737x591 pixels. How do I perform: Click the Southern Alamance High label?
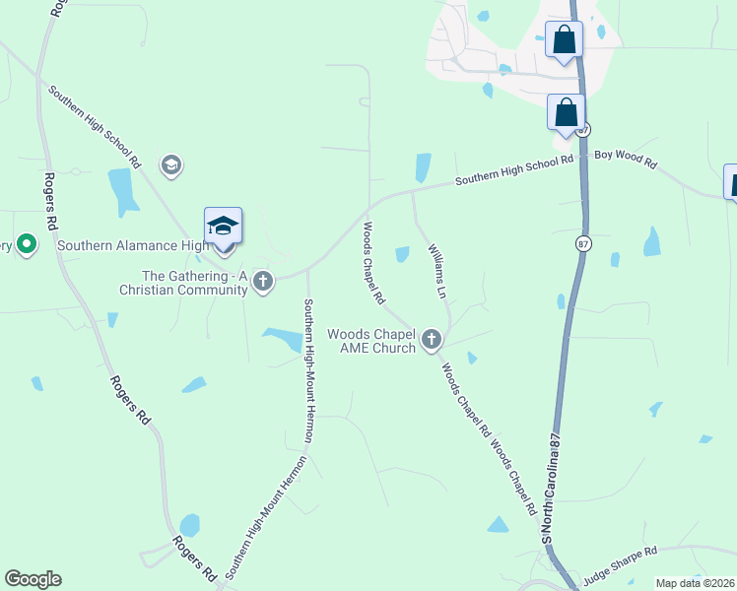point(132,245)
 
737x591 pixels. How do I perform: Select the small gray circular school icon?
point(170,164)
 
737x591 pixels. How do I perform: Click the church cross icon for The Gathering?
point(262,282)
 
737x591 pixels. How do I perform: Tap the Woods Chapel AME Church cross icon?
point(431,340)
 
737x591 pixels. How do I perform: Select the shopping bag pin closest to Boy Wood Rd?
point(566,112)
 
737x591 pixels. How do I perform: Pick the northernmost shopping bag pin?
point(564,40)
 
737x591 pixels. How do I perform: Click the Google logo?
point(33,579)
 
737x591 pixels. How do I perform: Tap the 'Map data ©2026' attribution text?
point(694,583)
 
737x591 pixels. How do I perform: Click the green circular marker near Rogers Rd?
point(26,244)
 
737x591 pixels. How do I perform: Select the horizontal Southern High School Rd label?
point(512,177)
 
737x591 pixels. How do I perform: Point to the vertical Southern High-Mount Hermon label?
point(308,369)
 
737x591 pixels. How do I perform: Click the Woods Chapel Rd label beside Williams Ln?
point(372,261)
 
